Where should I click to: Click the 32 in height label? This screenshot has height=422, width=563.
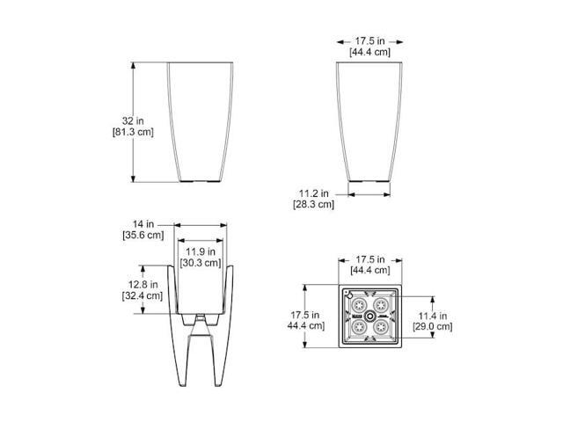point(133,121)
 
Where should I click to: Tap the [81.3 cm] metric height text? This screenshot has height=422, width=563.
point(133,132)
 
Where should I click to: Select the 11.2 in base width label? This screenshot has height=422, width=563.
point(314,193)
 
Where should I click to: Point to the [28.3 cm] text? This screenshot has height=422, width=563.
point(313,205)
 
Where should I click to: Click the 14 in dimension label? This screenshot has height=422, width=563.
point(143,224)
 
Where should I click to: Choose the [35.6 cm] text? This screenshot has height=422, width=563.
point(143,236)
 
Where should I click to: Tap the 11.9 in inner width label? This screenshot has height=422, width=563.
point(201,251)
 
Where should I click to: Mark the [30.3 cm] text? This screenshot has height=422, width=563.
point(201,263)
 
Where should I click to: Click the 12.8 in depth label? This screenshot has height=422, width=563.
point(143,285)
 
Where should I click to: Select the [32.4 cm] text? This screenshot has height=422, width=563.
point(143,295)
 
